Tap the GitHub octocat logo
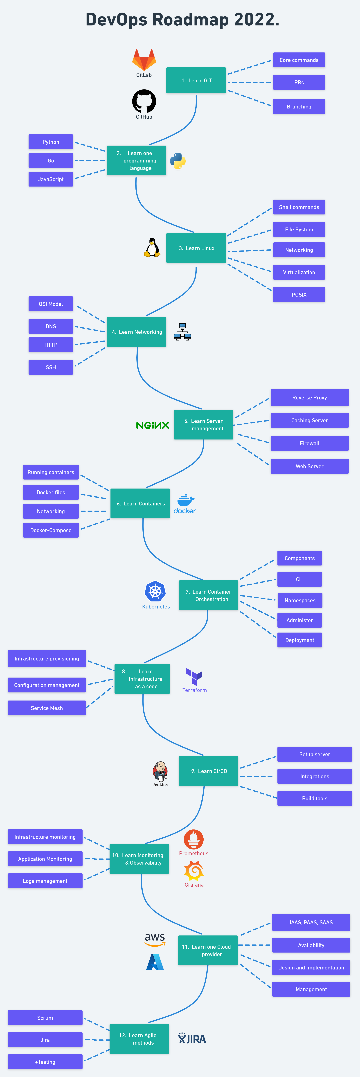click(144, 101)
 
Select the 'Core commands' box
click(299, 60)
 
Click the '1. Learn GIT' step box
click(196, 80)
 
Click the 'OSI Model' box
click(51, 304)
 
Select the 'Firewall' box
click(309, 443)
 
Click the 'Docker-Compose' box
click(51, 530)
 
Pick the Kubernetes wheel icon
click(155, 592)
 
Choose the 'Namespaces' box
click(300, 600)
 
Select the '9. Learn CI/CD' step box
click(209, 771)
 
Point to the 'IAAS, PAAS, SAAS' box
click(311, 922)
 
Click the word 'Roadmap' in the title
click(191, 20)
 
